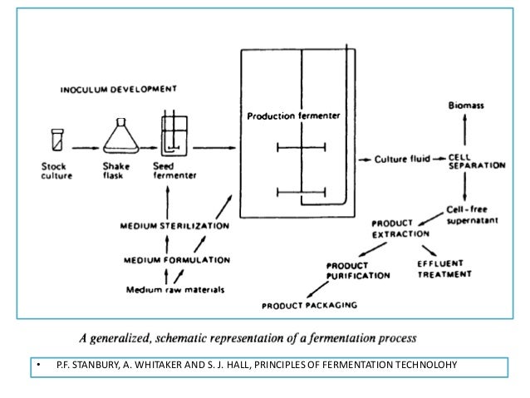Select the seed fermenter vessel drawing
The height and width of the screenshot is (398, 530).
175,133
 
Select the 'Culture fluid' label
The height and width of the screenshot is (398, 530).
400,157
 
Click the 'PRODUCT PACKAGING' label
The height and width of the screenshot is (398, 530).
310,305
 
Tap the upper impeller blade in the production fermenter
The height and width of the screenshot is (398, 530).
300,149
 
